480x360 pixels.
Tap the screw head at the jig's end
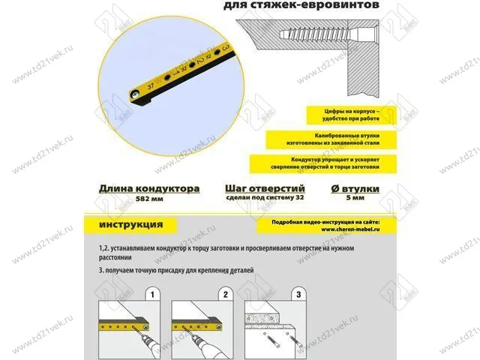click(133, 95)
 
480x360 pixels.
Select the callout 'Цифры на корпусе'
click(346, 115)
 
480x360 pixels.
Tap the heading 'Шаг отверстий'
click(264, 189)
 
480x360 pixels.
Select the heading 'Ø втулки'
click(358, 189)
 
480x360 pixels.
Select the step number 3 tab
click(298, 294)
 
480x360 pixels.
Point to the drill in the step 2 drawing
click(202, 341)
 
